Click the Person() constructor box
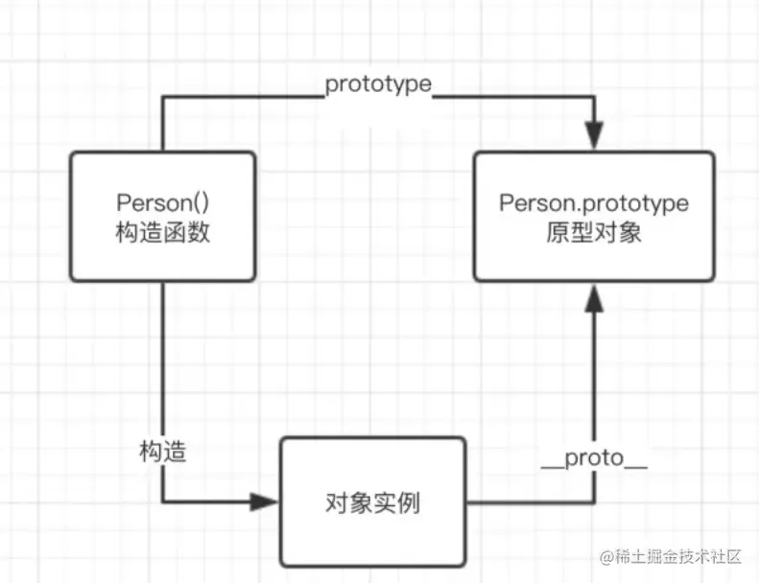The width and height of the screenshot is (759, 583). point(163,216)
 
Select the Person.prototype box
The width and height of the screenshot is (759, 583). point(594,216)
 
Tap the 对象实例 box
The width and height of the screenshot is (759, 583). point(373,501)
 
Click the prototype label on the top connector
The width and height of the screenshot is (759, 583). point(378,84)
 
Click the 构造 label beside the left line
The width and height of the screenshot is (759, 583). point(162,452)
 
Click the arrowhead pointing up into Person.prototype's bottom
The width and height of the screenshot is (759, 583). point(595,297)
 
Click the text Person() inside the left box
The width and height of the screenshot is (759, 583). point(162,202)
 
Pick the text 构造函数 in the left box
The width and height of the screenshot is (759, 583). point(162,231)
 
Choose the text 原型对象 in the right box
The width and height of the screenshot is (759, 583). point(594,231)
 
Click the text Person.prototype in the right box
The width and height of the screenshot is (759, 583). point(594,202)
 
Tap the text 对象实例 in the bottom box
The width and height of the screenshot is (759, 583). point(373,501)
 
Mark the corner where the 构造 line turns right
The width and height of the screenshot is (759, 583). point(162,501)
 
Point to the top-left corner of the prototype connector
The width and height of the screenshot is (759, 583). point(162,96)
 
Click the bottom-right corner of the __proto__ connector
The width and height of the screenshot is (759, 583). point(595,501)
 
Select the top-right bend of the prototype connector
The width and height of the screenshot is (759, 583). point(595,96)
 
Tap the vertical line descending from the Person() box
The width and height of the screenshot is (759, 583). point(162,364)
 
